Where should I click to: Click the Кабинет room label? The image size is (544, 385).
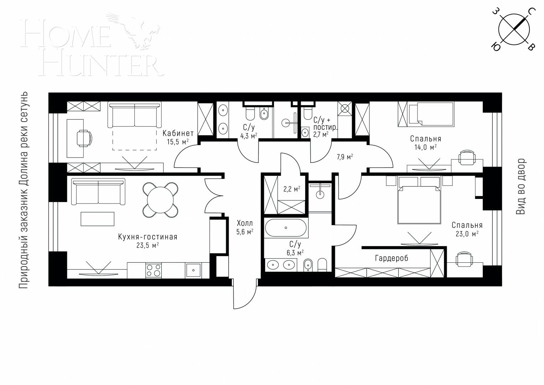click(178, 134)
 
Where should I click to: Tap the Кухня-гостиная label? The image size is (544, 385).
click(147, 237)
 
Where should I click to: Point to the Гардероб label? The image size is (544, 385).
click(391, 258)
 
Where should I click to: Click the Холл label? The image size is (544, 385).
click(245, 224)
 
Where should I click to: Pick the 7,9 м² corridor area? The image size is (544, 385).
click(344, 156)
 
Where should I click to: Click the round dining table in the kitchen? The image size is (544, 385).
click(160, 200)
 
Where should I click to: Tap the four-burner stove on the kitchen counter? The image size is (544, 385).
click(154, 270)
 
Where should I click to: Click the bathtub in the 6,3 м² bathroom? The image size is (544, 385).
click(285, 228)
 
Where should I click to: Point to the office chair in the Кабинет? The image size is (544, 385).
click(84, 138)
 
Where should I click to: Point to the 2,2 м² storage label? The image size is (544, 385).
click(291, 189)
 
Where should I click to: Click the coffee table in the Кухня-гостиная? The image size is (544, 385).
click(98, 219)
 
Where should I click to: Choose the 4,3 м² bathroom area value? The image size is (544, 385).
click(249, 135)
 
